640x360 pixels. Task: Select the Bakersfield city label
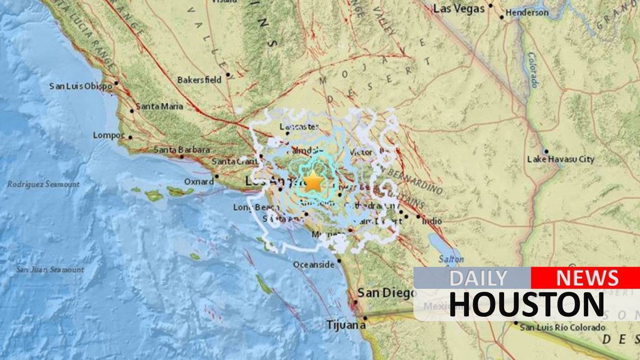click(x=199, y=79)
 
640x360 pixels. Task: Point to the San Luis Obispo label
click(x=80, y=86)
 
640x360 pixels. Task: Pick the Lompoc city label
click(x=108, y=135)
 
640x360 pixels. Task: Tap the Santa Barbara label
click(x=181, y=150)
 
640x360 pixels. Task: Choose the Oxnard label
click(x=199, y=181)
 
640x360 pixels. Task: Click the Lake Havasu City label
click(x=560, y=159)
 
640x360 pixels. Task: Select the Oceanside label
click(x=313, y=265)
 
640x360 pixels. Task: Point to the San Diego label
click(x=386, y=293)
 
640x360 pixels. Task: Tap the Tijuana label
click(x=346, y=325)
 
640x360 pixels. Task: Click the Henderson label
click(x=527, y=13)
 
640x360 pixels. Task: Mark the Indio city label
click(x=432, y=221)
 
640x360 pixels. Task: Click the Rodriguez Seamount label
click(x=43, y=184)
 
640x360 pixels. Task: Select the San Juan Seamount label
click(x=50, y=269)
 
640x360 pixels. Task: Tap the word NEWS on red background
click(x=587, y=278)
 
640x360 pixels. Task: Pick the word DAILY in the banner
click(x=478, y=278)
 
